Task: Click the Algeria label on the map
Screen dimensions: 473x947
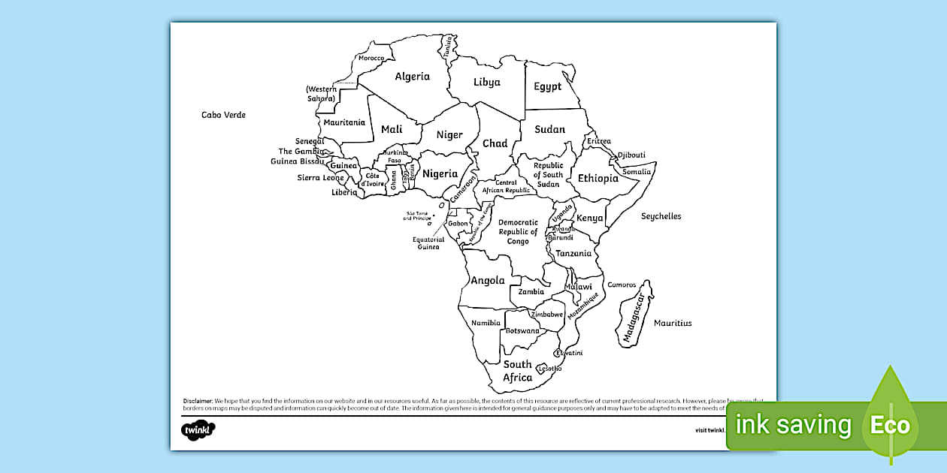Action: [412, 77]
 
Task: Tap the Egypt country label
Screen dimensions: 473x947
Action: [547, 86]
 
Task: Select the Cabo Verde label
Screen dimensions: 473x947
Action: [223, 115]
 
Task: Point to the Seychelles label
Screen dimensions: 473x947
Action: [661, 216]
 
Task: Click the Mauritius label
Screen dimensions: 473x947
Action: [672, 323]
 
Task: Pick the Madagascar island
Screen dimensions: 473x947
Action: [636, 314]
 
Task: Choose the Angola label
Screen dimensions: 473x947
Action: [487, 281]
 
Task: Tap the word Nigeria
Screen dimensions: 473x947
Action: [440, 173]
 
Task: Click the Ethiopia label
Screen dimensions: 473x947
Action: [598, 178]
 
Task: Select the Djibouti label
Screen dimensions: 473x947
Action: [631, 155]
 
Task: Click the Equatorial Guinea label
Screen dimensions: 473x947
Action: [428, 243]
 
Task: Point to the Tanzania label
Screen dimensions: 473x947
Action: [573, 254]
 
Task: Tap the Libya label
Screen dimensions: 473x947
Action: [486, 82]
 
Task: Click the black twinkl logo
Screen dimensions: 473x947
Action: [198, 430]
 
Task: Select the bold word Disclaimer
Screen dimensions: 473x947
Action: [198, 401]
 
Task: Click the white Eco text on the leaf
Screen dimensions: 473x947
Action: [890, 426]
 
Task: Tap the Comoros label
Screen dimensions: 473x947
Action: [622, 285]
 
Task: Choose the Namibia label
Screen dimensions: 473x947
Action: [486, 323]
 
